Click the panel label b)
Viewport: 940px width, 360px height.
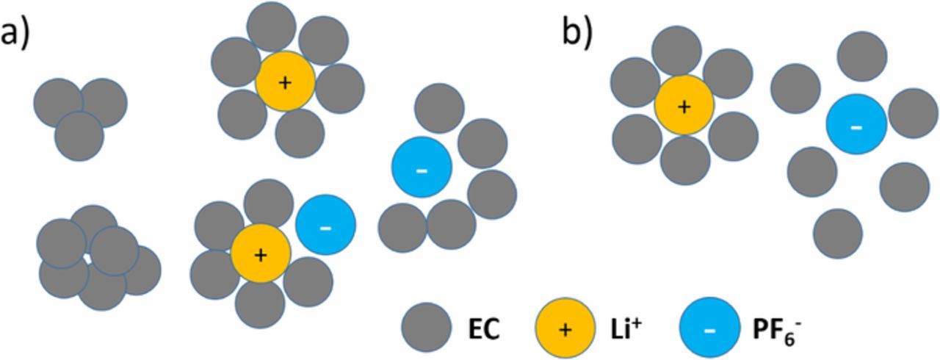(x=576, y=34)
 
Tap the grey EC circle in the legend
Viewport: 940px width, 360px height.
(x=426, y=329)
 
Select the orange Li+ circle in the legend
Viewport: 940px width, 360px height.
(x=565, y=329)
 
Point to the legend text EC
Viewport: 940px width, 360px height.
(x=484, y=330)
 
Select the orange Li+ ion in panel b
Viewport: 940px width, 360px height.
(x=684, y=106)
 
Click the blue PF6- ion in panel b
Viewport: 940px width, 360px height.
(x=856, y=125)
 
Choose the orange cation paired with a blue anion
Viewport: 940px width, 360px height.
(x=260, y=254)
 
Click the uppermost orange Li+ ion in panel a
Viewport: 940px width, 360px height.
(x=285, y=82)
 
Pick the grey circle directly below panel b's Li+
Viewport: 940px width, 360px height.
(x=684, y=160)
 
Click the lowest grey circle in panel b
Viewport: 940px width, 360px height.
(x=837, y=233)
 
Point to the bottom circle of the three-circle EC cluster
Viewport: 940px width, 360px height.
(x=79, y=137)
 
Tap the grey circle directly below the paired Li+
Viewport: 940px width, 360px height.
(x=260, y=303)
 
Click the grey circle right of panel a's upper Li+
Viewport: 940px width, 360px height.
(x=339, y=88)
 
